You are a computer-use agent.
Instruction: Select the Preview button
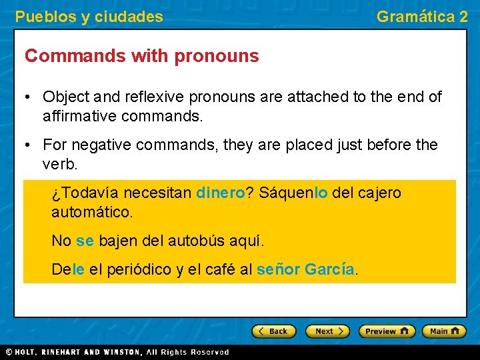pyautogui.click(x=387, y=331)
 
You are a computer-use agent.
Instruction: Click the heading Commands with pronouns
pyautogui.click(x=141, y=56)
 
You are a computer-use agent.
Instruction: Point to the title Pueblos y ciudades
pyautogui.click(x=89, y=17)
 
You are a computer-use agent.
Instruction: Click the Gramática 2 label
pyautogui.click(x=422, y=17)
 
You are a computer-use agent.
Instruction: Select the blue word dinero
pyautogui.click(x=221, y=193)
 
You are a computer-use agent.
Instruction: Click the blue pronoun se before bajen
pyautogui.click(x=85, y=241)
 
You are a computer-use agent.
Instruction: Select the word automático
pyautogui.click(x=92, y=213)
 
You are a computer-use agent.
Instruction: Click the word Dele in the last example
pyautogui.click(x=68, y=270)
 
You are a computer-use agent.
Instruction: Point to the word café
pyautogui.click(x=221, y=270)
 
